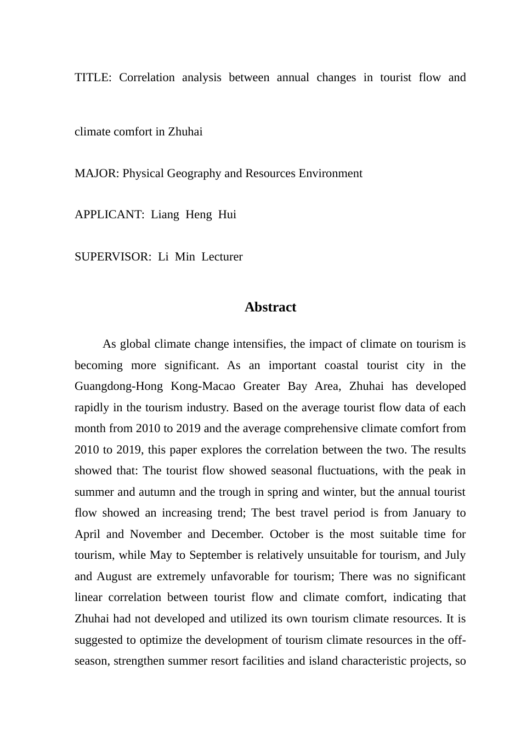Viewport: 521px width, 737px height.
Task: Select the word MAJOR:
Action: coord(97,173)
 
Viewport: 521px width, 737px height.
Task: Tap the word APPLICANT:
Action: coord(109,214)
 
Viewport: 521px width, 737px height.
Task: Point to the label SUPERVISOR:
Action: coord(113,257)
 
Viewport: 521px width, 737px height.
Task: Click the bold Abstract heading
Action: coord(270,307)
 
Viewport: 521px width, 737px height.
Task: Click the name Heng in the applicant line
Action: coord(199,214)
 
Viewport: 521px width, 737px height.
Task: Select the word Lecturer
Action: coord(222,257)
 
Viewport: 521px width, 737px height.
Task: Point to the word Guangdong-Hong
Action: coord(118,387)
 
